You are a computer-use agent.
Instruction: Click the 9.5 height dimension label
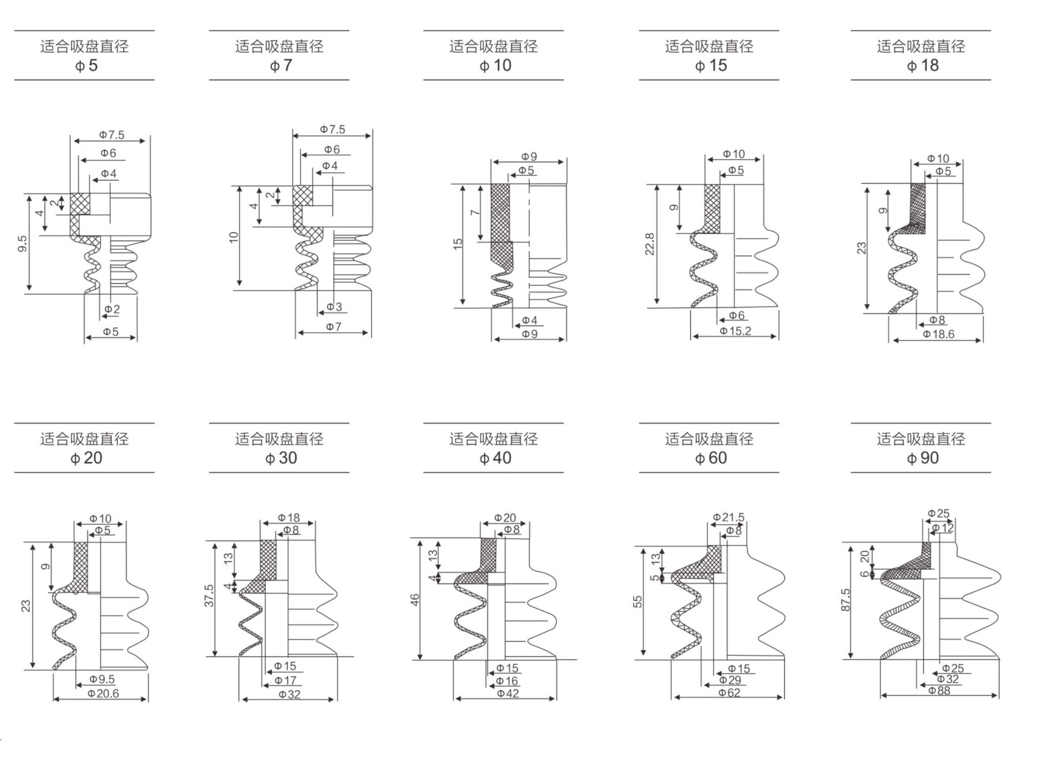pos(22,244)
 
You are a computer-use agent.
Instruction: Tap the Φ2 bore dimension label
pos(112,309)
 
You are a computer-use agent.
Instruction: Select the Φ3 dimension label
pos(334,307)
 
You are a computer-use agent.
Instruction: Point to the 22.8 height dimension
pos(650,244)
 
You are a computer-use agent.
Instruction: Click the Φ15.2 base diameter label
pos(735,331)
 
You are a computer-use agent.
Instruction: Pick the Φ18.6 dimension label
pos(938,334)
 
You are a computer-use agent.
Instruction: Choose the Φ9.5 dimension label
pos(102,680)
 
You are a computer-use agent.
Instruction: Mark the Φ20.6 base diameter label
pos(103,694)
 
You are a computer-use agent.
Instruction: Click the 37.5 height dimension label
pos(209,596)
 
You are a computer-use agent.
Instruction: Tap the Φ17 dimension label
pos(285,681)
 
